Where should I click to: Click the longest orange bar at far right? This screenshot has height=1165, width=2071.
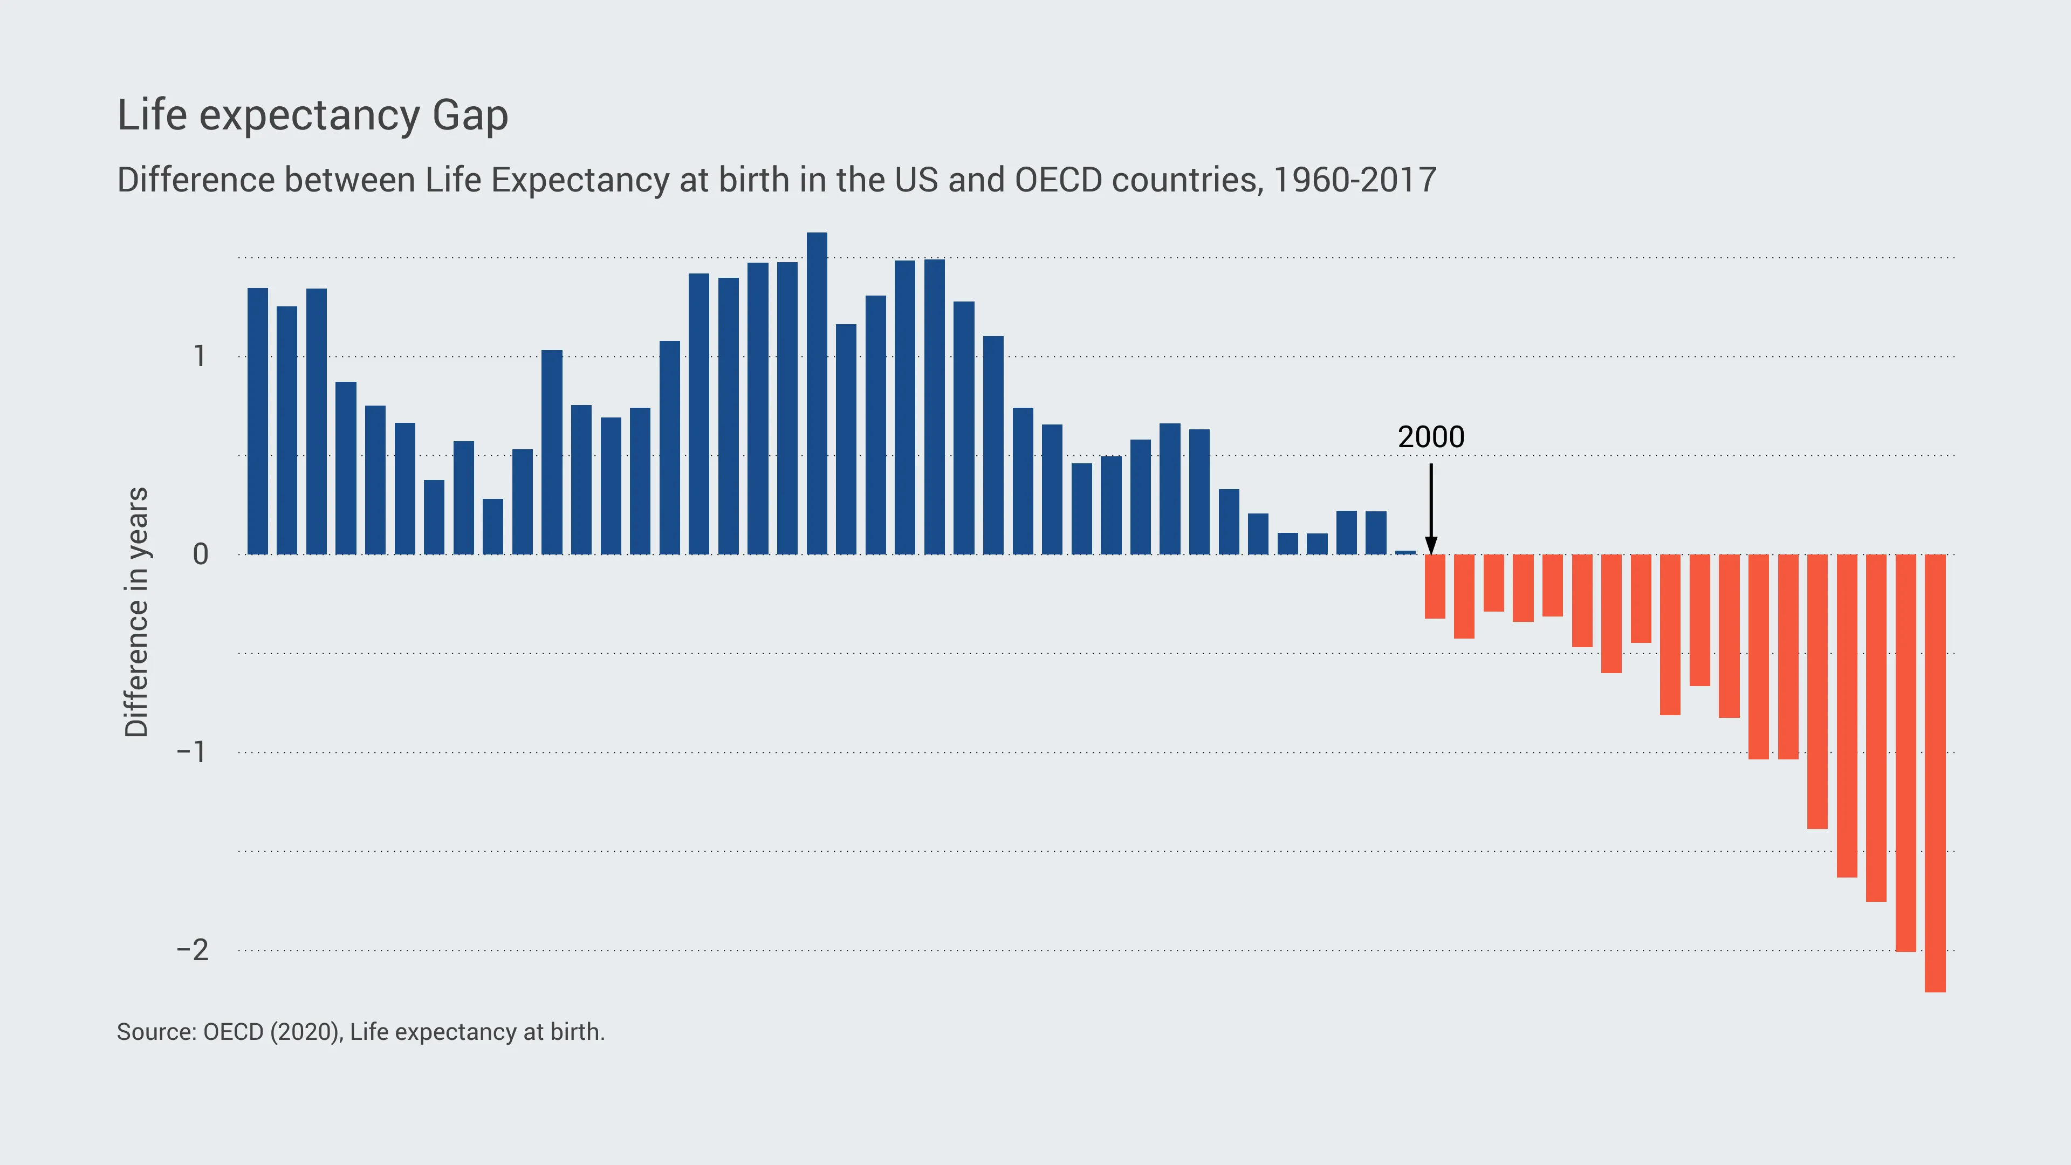pos(1935,772)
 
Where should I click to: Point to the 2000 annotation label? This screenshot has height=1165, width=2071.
pos(1430,437)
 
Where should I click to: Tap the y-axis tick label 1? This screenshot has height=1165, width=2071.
pos(200,356)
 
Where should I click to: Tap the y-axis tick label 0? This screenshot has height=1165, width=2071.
pos(200,554)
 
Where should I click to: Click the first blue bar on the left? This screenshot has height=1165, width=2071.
pos(257,421)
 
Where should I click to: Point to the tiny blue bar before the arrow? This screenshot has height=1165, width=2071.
pos(1405,552)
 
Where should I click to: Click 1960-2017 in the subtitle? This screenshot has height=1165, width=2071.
pos(1355,180)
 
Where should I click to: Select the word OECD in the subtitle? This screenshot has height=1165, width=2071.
pos(1058,180)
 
